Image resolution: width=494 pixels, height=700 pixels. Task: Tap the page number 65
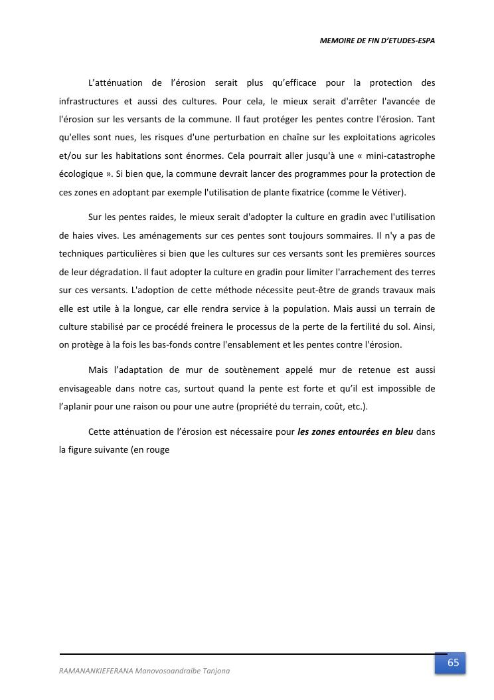click(453, 662)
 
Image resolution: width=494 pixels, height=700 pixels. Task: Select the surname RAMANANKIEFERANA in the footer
click(95, 671)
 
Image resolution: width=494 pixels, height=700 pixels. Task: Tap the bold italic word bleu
click(402, 431)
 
